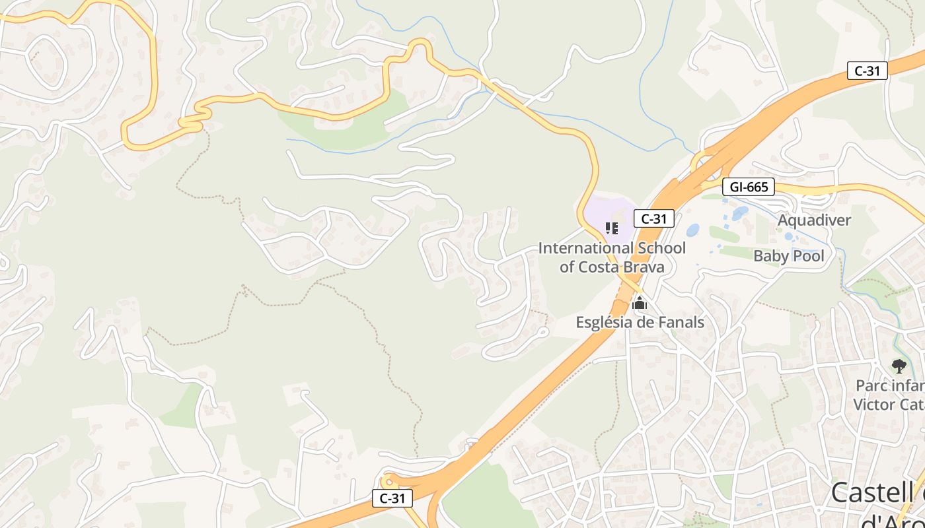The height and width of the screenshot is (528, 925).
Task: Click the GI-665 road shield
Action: click(749, 187)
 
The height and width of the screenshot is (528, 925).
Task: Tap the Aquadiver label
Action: click(814, 220)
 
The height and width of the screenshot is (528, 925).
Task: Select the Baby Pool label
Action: click(789, 256)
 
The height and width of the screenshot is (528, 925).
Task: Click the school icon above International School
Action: click(611, 228)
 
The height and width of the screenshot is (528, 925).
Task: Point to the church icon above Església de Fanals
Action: click(639, 304)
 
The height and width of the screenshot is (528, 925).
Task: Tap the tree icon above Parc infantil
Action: click(899, 366)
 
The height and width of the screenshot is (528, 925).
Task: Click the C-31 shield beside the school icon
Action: click(653, 218)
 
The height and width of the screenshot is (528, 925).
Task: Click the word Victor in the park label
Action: click(873, 404)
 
